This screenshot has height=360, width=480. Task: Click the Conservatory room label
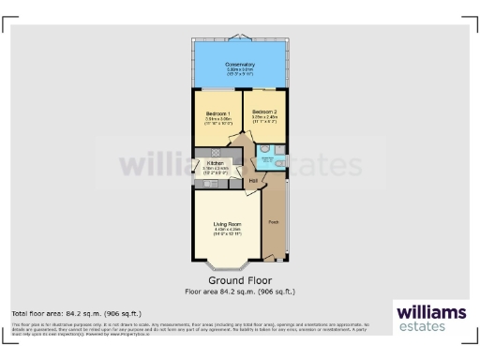pos(240,64)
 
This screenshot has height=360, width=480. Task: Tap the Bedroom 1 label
pos(217,113)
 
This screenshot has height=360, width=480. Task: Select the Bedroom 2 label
pos(265,113)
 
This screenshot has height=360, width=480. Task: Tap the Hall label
pos(253,180)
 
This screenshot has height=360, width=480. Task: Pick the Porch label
pos(273,222)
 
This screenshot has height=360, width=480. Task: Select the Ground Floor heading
pos(240,279)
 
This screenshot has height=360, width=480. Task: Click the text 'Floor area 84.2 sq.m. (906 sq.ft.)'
pos(240,292)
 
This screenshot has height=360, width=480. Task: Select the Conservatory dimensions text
pos(240,70)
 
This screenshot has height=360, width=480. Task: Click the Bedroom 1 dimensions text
pos(217,120)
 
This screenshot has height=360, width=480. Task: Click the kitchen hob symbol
pos(217,152)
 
